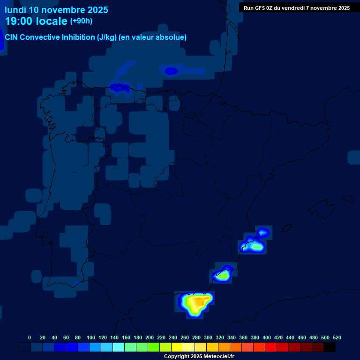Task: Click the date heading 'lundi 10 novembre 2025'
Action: point(56,10)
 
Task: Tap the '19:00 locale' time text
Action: point(36,21)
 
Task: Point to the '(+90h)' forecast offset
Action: point(82,21)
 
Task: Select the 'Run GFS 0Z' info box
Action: point(296,8)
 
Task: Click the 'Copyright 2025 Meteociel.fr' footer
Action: point(199,357)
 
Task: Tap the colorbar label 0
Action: point(30,337)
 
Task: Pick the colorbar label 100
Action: point(91,337)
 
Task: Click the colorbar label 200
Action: point(150,337)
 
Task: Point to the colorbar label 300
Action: point(208,337)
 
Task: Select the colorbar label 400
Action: point(267,337)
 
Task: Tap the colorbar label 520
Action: point(337,337)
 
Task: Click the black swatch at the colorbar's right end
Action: point(330,347)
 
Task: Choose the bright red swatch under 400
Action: point(271,347)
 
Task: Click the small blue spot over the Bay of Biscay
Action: point(172,71)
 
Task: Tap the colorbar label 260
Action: point(185,337)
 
